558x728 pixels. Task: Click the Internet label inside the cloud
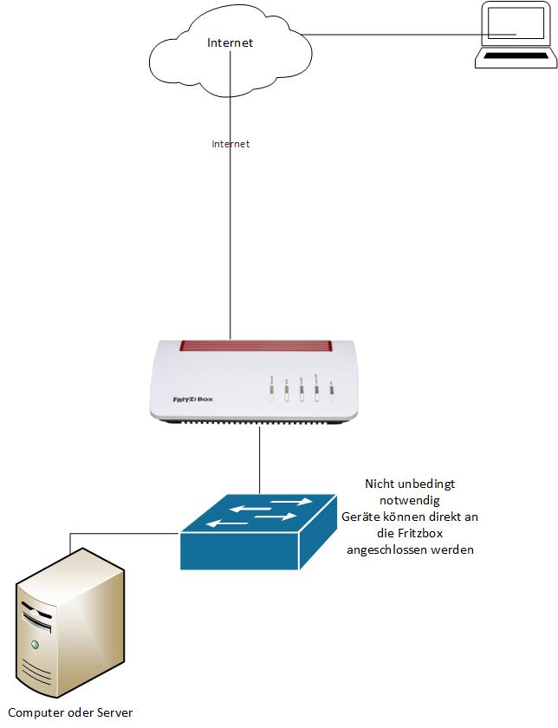click(x=230, y=42)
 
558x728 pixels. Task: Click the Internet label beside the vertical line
click(x=230, y=144)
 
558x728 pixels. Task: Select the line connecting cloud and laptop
click(x=390, y=36)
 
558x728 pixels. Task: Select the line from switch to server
click(x=121, y=534)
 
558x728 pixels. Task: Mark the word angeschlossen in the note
click(x=385, y=549)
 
